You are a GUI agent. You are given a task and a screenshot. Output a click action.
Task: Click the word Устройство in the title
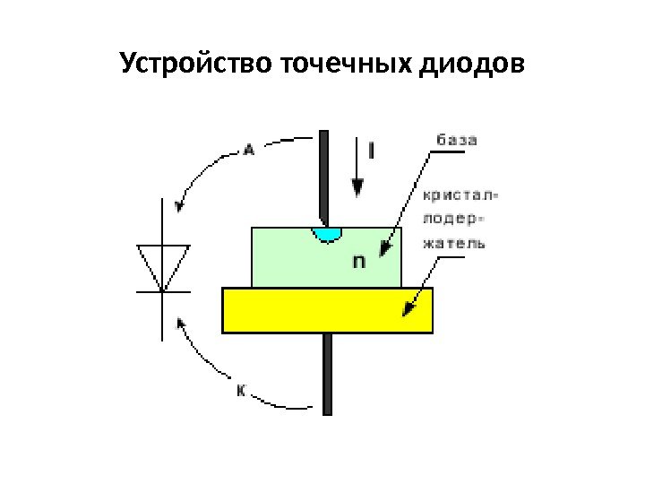point(196,65)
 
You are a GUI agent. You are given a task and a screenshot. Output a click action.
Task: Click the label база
point(457,141)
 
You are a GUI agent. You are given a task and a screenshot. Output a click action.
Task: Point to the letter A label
point(249,151)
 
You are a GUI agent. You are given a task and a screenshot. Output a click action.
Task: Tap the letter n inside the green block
point(357,262)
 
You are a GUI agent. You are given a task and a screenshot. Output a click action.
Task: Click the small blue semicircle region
point(327,234)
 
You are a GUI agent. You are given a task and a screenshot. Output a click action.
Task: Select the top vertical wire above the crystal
point(324,175)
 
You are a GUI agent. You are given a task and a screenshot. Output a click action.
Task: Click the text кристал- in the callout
point(460,194)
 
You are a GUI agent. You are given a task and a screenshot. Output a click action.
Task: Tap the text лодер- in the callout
point(455,218)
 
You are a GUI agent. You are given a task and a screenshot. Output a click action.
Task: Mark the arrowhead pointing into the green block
point(386,247)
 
